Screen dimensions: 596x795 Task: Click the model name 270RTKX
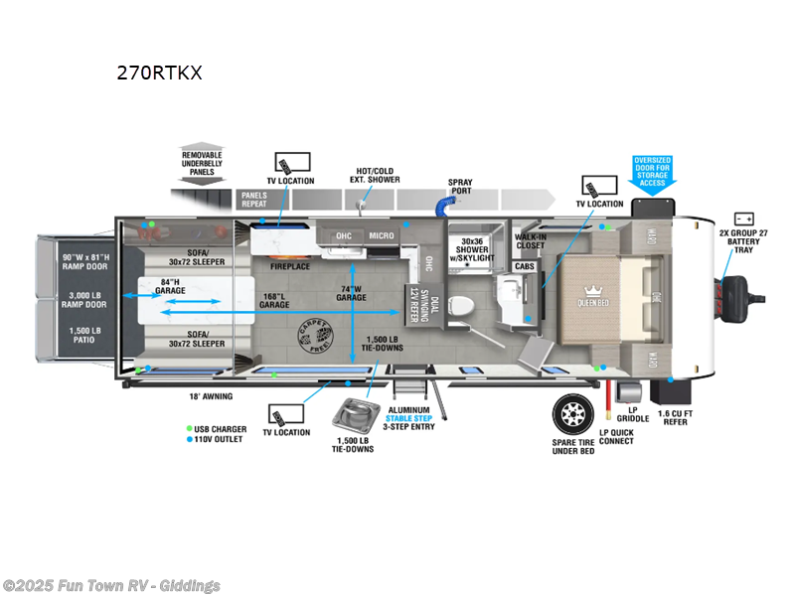[x=160, y=73]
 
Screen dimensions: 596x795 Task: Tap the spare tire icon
[x=574, y=413]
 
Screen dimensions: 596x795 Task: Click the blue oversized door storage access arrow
[x=652, y=171]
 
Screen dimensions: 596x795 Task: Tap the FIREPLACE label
[x=290, y=266]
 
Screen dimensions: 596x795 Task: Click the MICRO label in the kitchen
[x=382, y=235]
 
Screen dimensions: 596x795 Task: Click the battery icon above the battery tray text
[x=743, y=219]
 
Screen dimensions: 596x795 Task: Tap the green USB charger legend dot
[x=189, y=428]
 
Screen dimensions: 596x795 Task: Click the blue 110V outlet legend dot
[x=189, y=439]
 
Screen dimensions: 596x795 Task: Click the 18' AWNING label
[x=211, y=396]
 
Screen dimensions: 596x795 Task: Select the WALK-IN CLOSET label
[x=531, y=242]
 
